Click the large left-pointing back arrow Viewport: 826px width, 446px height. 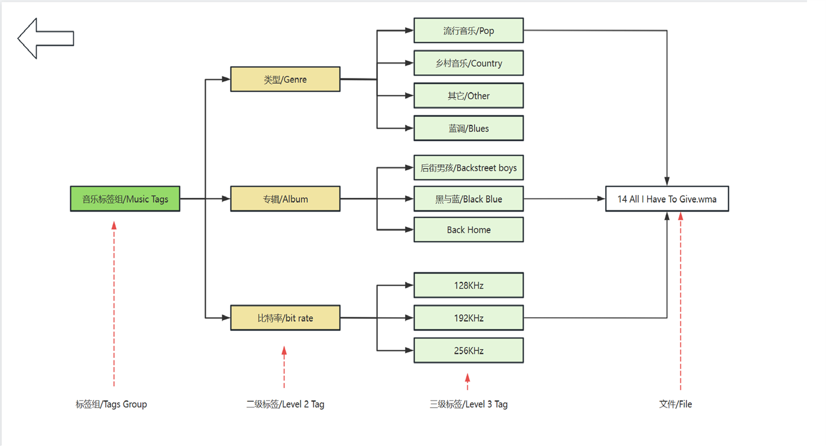[x=45, y=38]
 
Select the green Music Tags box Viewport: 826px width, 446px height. [x=125, y=199]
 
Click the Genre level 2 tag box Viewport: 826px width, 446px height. [x=285, y=79]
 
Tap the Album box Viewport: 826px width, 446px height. [x=285, y=199]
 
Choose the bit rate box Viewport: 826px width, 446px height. [x=285, y=318]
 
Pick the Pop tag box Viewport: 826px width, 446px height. [x=468, y=31]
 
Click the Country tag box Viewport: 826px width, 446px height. [x=468, y=63]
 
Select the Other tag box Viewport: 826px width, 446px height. [x=468, y=96]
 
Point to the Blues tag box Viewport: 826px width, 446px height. [x=468, y=128]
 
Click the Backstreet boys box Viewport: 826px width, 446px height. [x=468, y=168]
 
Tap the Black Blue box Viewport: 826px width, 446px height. [x=468, y=199]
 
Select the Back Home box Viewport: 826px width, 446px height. [x=468, y=230]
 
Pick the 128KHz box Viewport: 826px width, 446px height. [x=468, y=285]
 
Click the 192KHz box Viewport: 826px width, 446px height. [x=468, y=318]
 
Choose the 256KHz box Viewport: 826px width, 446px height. [x=468, y=350]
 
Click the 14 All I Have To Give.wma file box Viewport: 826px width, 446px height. [x=667, y=199]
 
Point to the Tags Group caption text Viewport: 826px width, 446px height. [x=111, y=404]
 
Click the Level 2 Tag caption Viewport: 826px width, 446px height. [x=285, y=404]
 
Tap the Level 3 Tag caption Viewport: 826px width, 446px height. [x=468, y=404]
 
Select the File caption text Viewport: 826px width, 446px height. [x=675, y=404]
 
